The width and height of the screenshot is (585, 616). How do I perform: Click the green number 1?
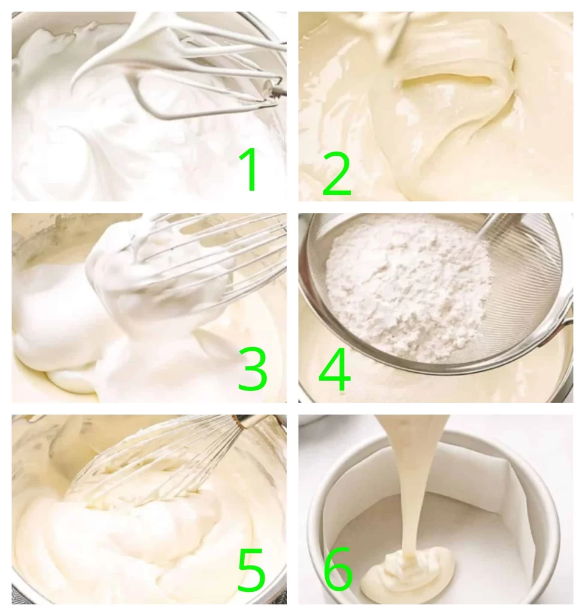tap(249, 169)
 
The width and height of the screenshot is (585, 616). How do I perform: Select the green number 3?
tap(252, 369)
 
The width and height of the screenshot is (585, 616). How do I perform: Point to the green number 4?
tap(334, 370)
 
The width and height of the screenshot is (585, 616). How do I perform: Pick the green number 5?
tap(251, 570)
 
